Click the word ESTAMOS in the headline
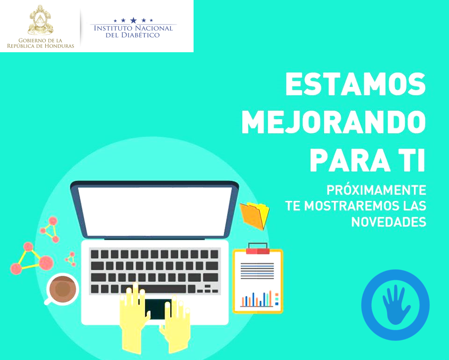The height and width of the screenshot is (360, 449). [355, 85]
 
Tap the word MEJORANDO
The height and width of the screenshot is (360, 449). [334, 122]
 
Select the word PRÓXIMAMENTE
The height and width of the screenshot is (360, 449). [376, 190]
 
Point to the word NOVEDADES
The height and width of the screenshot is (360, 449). [388, 222]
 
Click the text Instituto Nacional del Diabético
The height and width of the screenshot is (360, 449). [133, 31]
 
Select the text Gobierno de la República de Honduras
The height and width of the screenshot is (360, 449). [40, 43]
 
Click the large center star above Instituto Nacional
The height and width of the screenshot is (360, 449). [133, 20]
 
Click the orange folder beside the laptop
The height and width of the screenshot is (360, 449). [255, 215]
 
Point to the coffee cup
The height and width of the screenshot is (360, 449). [62, 289]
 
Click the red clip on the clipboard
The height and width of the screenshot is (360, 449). [257, 250]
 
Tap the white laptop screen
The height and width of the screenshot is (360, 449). [155, 211]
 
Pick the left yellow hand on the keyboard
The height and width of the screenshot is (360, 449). [134, 315]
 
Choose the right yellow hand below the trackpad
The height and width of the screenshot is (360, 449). [176, 323]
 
